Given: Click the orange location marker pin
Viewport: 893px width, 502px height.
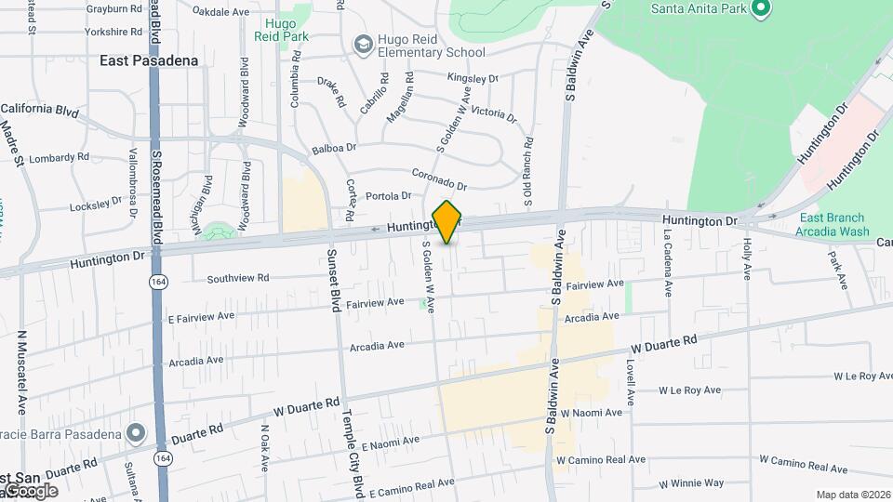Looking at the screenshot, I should click(447, 221).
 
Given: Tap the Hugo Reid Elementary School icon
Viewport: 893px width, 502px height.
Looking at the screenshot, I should click(362, 44).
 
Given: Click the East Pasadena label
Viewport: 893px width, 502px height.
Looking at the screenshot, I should click(149, 60).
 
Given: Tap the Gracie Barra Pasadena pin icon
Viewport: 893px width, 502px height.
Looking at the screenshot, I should click(137, 433).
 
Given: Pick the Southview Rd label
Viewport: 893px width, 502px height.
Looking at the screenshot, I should click(237, 278).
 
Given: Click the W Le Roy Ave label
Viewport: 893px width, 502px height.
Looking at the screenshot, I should click(863, 376).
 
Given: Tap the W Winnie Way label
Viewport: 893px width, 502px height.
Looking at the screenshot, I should click(691, 483).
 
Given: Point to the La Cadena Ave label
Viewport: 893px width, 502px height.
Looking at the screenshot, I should click(668, 264).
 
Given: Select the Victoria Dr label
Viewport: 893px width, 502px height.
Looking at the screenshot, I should click(493, 113).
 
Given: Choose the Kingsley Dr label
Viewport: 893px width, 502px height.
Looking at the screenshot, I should click(473, 78).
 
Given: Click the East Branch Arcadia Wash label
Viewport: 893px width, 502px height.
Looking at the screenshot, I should click(833, 225).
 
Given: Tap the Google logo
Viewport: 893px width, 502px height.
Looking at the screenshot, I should click(30, 490).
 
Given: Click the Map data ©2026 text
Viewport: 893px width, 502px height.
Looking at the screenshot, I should click(853, 495).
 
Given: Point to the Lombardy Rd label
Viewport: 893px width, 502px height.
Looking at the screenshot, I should click(59, 159).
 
